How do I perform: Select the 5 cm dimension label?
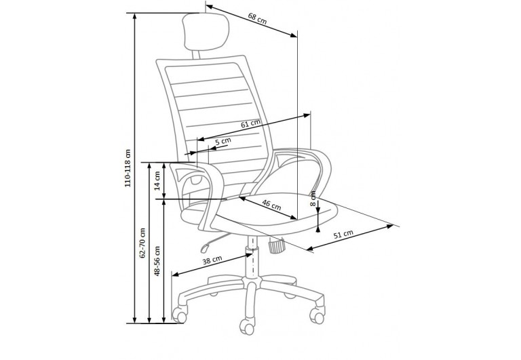[223, 141]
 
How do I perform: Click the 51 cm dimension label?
[343, 235]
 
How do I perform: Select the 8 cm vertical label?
[313, 198]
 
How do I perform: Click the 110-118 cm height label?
[127, 169]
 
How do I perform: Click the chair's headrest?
[195, 34]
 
